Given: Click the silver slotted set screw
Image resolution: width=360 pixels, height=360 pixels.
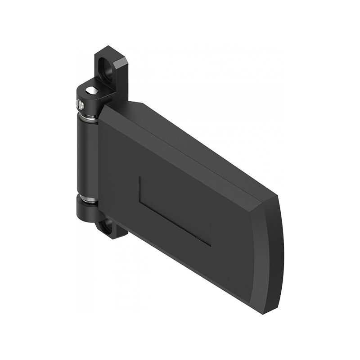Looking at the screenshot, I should coord(80,105).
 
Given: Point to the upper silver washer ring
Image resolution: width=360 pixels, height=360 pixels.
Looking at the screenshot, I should coord(88,118).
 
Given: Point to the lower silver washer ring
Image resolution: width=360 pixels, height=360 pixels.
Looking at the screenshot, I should coord(87,198).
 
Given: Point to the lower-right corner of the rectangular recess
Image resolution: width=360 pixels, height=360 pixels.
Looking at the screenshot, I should coord(211,245).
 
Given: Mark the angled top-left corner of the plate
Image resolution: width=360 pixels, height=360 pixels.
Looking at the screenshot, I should coord(104,106).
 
